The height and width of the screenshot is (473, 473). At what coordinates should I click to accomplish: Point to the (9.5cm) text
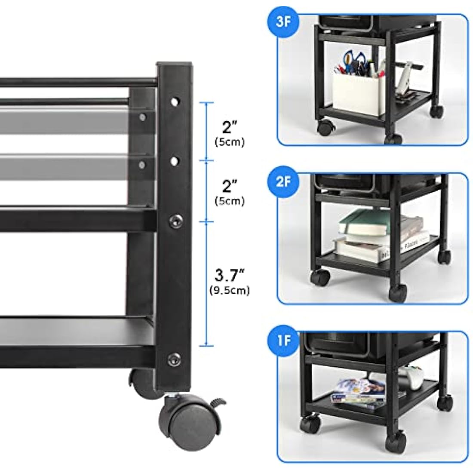(x=230, y=291)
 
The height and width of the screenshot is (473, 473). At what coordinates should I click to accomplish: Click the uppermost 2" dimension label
(x=230, y=128)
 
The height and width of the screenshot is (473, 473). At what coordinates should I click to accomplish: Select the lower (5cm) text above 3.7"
(x=230, y=201)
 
